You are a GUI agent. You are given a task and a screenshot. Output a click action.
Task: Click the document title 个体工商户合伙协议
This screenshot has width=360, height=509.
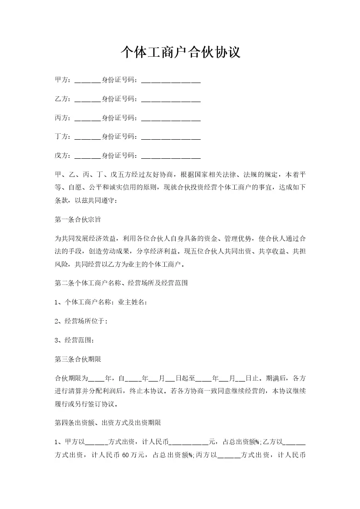click(x=180, y=53)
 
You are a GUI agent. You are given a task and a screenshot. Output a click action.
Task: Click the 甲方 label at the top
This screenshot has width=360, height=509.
click(x=62, y=80)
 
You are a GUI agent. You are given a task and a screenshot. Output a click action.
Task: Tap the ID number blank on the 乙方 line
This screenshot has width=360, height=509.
click(x=171, y=99)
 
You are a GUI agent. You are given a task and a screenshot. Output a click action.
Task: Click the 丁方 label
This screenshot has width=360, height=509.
click(x=62, y=137)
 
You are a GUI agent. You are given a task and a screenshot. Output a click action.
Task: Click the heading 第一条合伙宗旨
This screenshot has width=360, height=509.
click(x=78, y=220)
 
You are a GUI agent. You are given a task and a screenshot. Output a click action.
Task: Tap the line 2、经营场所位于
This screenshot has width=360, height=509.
click(x=81, y=321)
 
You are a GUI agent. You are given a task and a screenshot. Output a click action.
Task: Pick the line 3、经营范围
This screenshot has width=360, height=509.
click(x=75, y=340)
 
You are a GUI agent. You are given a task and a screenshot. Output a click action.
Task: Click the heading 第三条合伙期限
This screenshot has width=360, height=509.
click(x=78, y=359)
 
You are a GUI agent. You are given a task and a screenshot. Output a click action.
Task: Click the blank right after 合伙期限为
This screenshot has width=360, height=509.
click(x=96, y=378)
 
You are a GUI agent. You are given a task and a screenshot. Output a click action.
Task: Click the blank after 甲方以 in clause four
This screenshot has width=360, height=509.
click(x=96, y=441)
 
